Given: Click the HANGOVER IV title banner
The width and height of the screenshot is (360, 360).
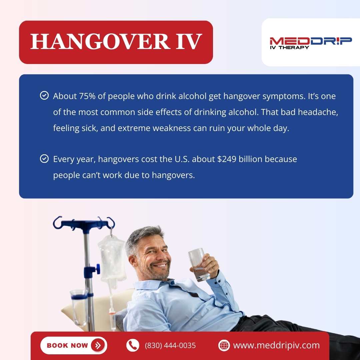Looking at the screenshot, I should (116, 42).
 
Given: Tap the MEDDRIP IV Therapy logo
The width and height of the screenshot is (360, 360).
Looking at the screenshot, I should (310, 43).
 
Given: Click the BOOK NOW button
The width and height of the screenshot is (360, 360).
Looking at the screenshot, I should (74, 345).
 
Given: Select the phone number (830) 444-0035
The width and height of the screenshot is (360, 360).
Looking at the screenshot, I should (170, 345).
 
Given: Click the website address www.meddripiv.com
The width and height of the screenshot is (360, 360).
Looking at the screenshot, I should (276, 345).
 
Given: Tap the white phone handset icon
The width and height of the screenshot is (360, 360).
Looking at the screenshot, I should (133, 345).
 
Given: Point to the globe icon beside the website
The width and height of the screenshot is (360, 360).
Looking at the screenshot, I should (224, 345).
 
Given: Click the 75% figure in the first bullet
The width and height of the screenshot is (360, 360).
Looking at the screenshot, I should (87, 96).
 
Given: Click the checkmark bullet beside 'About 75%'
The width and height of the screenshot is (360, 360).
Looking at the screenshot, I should (44, 96).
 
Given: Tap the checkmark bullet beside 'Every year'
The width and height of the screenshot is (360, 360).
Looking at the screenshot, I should (44, 159).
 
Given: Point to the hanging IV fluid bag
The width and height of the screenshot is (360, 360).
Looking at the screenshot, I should (112, 257).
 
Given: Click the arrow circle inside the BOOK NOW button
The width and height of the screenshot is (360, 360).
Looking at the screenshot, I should (98, 345).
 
